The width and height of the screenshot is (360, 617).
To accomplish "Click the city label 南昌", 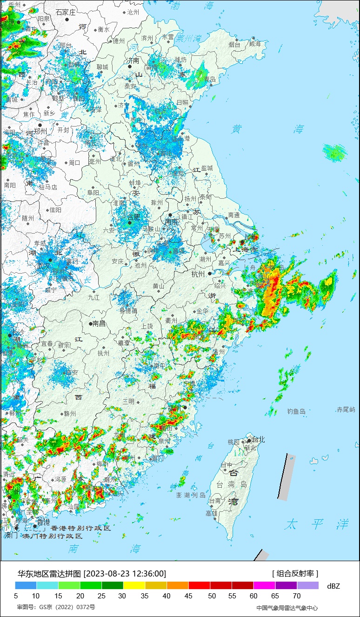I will pyautogui.click(x=99, y=323).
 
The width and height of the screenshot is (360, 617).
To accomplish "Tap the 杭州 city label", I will pyautogui.click(x=198, y=274).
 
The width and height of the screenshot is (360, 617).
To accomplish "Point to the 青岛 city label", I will pyautogui.click(x=210, y=79).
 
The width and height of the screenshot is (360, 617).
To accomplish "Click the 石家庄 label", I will pyautogui.click(x=66, y=13).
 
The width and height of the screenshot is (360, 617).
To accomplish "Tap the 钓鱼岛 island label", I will pyautogui.click(x=296, y=411).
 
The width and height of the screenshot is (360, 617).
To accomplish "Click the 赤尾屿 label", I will pyautogui.click(x=346, y=409).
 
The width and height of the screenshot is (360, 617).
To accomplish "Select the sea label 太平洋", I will pyautogui.click(x=317, y=524).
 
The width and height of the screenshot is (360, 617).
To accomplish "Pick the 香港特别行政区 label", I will pyautogui.click(x=80, y=528).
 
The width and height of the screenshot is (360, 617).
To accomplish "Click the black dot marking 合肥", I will pyautogui.click(x=130, y=222).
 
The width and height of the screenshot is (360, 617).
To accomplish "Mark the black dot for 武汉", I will pyautogui.click(x=50, y=260).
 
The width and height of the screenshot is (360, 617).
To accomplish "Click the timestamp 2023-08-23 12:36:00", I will pyautogui.click(x=125, y=573).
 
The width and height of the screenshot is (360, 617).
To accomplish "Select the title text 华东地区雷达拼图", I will pyautogui.click(x=49, y=573).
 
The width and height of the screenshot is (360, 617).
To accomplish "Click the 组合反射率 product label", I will pyautogui.click(x=295, y=573).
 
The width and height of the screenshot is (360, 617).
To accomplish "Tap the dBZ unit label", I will pyautogui.click(x=333, y=586).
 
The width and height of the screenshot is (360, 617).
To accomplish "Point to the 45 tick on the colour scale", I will pyautogui.click(x=189, y=596).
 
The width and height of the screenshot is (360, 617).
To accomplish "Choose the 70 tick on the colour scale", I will pyautogui.click(x=297, y=596).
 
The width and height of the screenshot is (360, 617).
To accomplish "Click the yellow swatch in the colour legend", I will pyautogui.click(x=134, y=585).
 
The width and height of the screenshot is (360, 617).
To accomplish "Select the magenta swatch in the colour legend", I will pyautogui.click(x=264, y=585).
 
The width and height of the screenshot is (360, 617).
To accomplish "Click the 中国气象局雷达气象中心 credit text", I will pyautogui.click(x=287, y=608).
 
